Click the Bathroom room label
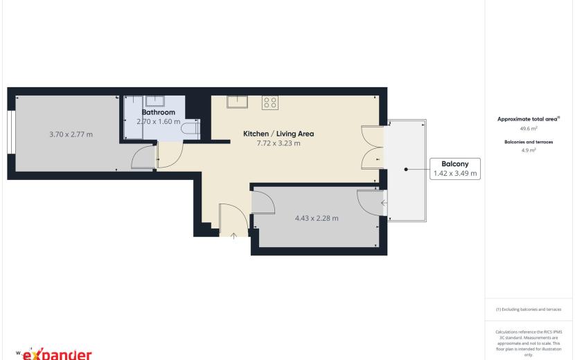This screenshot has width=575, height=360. pos(159,112)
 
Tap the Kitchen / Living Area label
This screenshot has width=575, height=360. pos(278,134)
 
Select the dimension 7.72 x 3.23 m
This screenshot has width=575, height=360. pos(278,143)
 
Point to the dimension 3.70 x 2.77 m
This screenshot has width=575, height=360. pos(71,134)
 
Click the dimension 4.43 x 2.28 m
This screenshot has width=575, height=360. pos(317,218)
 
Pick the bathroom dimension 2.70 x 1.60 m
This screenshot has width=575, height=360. pos(159,121)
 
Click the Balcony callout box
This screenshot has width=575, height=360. pos(455,169)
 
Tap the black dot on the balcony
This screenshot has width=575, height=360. pos(406,170)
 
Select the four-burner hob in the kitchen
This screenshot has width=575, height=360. pos(270,102)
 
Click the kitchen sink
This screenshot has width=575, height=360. pos(237,102)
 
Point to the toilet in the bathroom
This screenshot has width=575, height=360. pos(191,129)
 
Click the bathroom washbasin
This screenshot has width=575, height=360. pos(154,101)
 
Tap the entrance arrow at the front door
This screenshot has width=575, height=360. pos(233,235)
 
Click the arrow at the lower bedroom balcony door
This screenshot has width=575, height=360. pos(384,203)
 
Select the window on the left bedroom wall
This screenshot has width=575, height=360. pos(11,132)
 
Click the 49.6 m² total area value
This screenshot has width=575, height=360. pos(529,129)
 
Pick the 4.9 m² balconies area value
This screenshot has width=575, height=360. pos(529,150)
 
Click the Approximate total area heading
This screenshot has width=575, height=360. pos(529,119)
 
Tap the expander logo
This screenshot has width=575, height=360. pos(54,354)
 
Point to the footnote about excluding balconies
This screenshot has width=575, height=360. pos(529,309)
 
